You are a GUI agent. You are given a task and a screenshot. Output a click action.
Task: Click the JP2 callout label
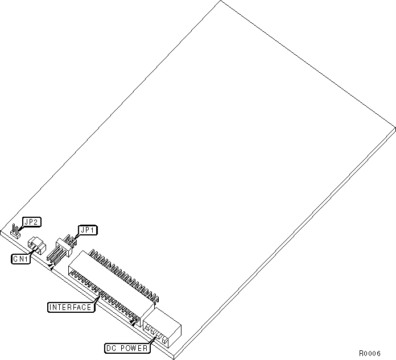pyautogui.click(x=31, y=222)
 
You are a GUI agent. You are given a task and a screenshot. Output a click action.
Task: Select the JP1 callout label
pyautogui.click(x=88, y=230)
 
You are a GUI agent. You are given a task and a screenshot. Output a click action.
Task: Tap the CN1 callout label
pyautogui.click(x=21, y=259)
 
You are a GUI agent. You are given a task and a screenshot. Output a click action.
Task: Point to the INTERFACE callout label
pyautogui.click(x=71, y=307)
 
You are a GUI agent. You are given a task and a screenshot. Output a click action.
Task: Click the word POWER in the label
pyautogui.click(x=135, y=348)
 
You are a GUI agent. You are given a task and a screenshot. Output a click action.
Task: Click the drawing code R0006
pyautogui.click(x=369, y=353)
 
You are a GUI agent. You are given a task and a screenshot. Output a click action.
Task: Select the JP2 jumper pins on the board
pyautogui.click(x=16, y=230)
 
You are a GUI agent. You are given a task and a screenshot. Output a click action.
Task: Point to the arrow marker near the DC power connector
pyautogui.click(x=134, y=322)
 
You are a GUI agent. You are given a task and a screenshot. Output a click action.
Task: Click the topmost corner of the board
pyautogui.click(x=221, y=2)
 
